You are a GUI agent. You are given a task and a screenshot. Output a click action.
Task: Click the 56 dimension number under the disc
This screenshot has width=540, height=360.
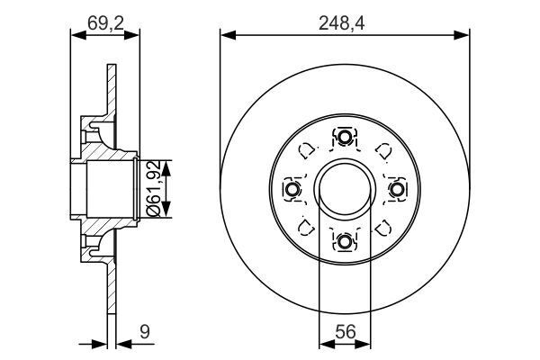pyautogui.click(x=345, y=331)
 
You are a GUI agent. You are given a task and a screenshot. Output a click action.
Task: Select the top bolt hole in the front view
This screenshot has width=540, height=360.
pyautogui.click(x=345, y=138)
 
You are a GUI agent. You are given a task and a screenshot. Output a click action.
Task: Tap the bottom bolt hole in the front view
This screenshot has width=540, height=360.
pyautogui.click(x=345, y=241)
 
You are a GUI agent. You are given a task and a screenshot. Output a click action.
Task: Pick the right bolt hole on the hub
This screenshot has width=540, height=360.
pyautogui.click(x=397, y=190)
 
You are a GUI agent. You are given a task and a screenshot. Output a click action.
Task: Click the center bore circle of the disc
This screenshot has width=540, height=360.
pyautogui.click(x=345, y=190)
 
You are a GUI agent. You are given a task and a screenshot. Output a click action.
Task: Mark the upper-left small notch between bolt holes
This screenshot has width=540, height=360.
pyautogui.click(x=306, y=151)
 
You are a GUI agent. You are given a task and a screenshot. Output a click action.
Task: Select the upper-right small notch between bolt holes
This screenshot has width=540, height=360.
pyautogui.click(x=383, y=151)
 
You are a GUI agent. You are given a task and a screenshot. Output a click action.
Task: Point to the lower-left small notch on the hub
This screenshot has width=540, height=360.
pyautogui.click(x=306, y=228)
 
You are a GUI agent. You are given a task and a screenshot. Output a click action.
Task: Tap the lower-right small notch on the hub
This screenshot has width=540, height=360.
pyautogui.click(x=383, y=228)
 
